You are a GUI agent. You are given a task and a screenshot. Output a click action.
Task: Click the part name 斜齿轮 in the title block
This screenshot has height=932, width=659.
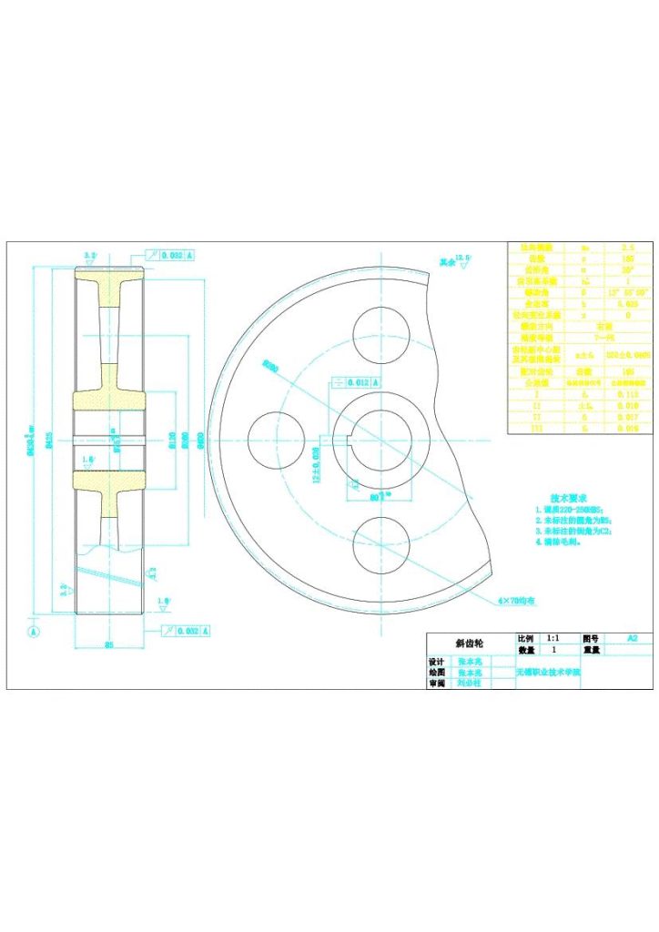(x=470, y=642)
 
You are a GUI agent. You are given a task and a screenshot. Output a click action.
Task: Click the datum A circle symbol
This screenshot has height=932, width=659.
(x=35, y=630)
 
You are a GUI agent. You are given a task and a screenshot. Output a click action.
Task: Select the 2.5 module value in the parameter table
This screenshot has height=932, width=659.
(x=627, y=247)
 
